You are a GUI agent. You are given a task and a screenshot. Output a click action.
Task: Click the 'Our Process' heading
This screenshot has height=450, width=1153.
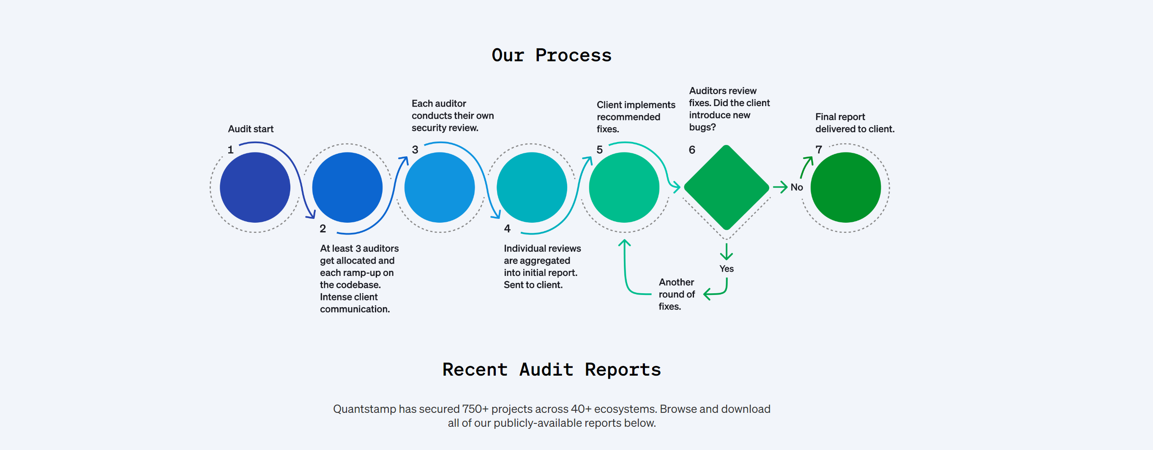coord(551,55)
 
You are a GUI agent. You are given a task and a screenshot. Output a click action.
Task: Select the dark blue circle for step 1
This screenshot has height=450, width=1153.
coord(255,188)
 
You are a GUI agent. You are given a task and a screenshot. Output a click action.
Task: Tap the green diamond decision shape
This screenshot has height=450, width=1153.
coord(726,188)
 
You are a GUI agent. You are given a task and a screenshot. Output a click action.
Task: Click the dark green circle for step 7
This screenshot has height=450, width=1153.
coord(845,188)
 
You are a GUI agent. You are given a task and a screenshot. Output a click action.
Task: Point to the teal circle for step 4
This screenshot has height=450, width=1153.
coord(532,188)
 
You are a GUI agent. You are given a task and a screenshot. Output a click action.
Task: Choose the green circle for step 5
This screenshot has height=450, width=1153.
coord(624,188)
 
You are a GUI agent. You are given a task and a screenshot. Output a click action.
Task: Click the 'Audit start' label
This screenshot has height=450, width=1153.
coord(251,129)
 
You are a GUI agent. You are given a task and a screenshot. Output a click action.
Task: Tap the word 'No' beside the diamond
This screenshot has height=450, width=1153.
coord(796,188)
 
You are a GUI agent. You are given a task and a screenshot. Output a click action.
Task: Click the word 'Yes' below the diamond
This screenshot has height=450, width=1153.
coord(726,269)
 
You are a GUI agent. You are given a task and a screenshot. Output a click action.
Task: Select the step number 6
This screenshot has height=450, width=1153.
coord(691,150)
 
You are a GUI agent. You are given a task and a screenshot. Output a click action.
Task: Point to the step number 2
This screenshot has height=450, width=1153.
coord(323,229)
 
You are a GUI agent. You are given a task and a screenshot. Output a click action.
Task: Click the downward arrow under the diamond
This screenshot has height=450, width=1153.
coord(726,251)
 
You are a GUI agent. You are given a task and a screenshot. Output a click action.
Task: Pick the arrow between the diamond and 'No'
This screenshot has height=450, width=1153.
coord(780,187)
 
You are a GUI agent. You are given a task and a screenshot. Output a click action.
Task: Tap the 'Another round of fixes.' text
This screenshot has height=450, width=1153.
coord(676,294)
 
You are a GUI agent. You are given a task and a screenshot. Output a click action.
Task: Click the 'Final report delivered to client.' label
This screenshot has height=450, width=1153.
coord(854,123)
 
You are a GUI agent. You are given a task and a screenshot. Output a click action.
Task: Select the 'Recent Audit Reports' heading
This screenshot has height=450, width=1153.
coord(551,369)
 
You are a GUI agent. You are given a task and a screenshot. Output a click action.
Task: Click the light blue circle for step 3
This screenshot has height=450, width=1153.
coord(439,188)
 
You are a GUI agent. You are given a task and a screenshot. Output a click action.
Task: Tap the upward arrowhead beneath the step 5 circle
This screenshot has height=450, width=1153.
coord(624,243)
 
